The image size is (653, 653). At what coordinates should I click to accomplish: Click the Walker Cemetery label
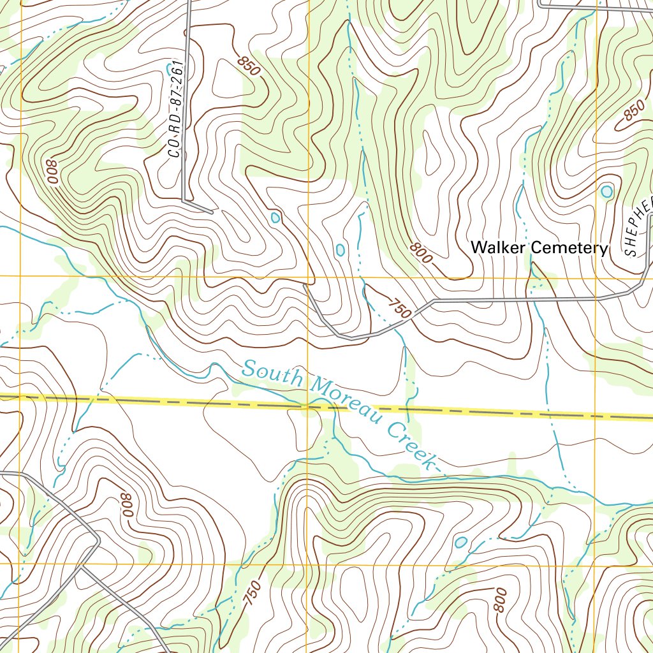coord(539,247)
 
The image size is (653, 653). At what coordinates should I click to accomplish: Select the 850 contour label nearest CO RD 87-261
coord(248,66)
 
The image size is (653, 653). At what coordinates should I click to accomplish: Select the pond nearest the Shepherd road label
coord(606,191)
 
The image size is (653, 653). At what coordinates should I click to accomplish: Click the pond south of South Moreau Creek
coord(460,542)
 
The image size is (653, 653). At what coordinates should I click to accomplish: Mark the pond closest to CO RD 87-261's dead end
coord(275,217)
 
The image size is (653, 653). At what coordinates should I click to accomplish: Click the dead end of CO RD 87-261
coord(211,210)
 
